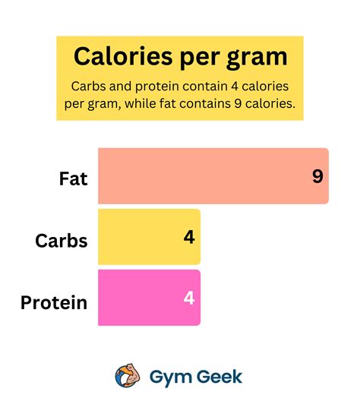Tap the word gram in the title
(256, 57)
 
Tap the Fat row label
(74, 179)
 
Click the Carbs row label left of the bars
(62, 242)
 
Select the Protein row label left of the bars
(54, 302)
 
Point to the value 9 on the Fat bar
(317, 176)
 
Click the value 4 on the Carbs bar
(189, 237)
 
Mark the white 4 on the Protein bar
(189, 298)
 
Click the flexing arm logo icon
(126, 376)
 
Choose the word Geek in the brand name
(219, 376)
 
